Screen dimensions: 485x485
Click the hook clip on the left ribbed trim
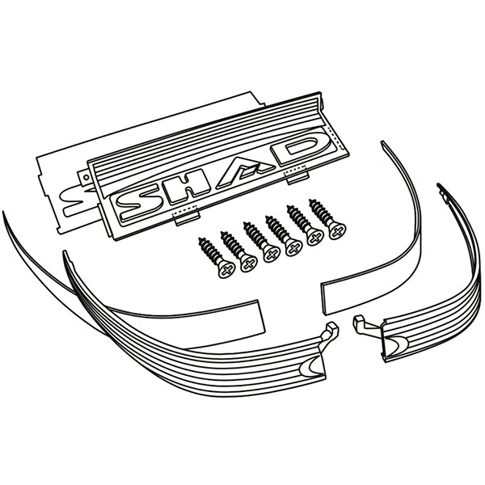point(331,331)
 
